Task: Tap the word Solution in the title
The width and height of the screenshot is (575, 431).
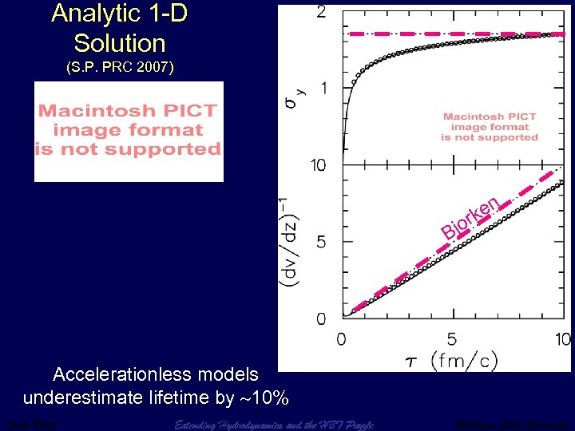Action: (x=119, y=43)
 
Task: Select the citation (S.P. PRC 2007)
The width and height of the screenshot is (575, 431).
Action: (x=119, y=69)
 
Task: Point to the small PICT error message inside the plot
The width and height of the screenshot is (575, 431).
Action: (x=490, y=127)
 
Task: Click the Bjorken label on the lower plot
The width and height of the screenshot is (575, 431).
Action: (x=471, y=218)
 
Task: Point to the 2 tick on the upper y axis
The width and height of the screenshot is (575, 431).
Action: (x=320, y=12)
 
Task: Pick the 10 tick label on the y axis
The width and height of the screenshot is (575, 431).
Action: (x=319, y=165)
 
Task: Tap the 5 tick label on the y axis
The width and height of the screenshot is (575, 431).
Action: (x=320, y=242)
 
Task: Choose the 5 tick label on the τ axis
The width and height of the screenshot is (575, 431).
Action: (x=452, y=339)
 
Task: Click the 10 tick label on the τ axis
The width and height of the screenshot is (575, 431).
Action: (x=562, y=339)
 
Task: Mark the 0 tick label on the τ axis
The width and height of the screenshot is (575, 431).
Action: (x=342, y=339)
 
